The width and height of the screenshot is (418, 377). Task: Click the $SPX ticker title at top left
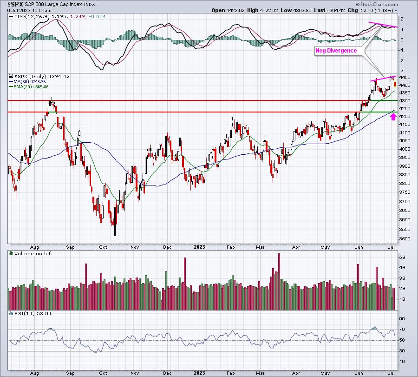[x=15, y=4]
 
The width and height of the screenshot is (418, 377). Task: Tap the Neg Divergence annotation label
[x=336, y=50]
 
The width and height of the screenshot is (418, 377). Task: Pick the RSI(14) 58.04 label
[x=26, y=314]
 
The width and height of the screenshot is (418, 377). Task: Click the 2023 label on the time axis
[x=200, y=247]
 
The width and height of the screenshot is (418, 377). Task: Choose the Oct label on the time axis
[x=103, y=247]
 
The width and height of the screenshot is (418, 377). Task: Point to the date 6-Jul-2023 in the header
[x=20, y=10]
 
